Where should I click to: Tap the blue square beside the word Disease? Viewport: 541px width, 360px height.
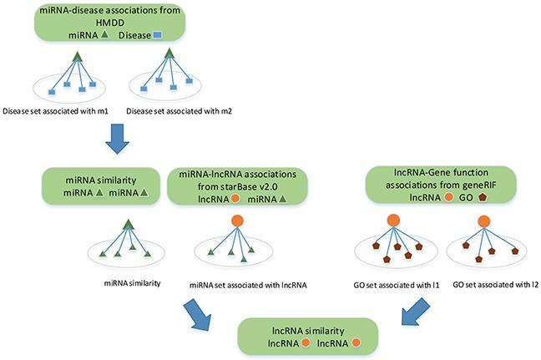tap(158, 35)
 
